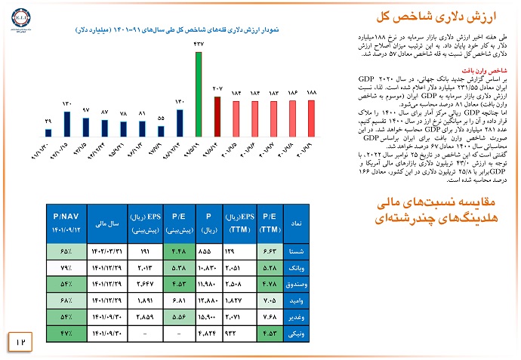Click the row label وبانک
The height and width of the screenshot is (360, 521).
click(x=297, y=267)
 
